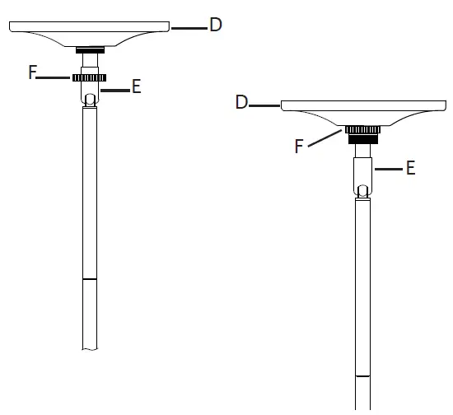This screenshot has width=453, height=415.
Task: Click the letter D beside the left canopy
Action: [215, 26]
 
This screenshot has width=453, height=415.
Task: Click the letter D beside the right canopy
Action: [242, 103]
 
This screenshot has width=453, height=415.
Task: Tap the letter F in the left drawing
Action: [32, 72]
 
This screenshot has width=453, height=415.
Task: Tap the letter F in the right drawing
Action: [301, 147]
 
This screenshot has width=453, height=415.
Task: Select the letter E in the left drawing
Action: [137, 86]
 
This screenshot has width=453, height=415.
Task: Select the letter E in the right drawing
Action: [409, 168]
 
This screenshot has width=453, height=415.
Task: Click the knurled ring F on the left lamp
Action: [88, 78]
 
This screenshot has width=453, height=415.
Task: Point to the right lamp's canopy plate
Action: [362, 111]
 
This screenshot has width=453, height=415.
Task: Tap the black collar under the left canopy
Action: [89, 50]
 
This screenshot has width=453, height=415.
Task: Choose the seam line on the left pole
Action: [89, 280]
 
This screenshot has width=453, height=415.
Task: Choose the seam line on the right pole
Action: [362, 376]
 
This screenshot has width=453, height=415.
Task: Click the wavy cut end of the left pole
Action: [89, 349]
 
